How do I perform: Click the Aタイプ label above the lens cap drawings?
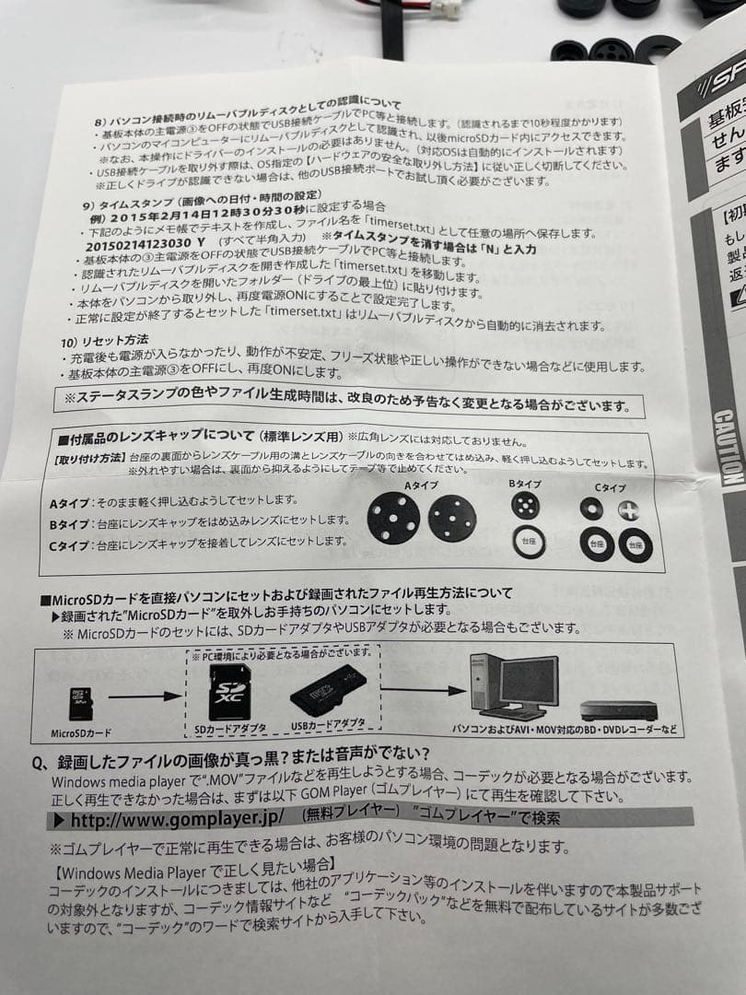pos(422,485)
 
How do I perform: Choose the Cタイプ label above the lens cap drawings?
pos(610,487)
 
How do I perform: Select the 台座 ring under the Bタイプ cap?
pos(529,541)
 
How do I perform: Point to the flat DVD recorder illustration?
pos(618,710)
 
